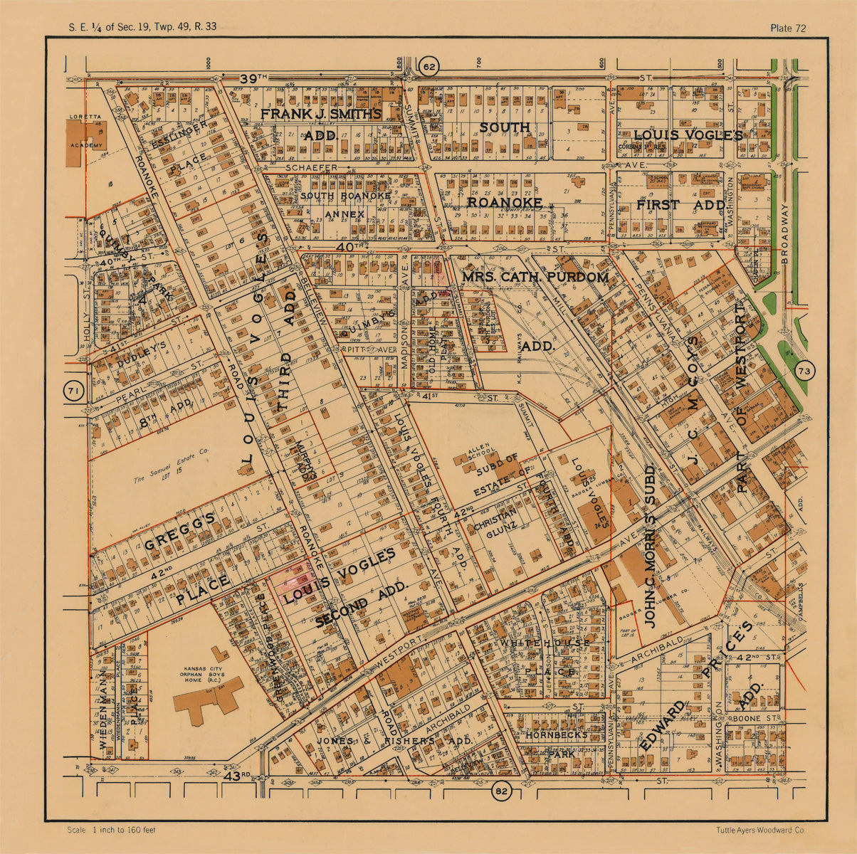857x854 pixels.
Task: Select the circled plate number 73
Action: pos(805,371)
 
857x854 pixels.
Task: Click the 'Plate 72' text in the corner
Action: pos(788,28)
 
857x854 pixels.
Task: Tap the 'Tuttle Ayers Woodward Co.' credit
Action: pos(761,830)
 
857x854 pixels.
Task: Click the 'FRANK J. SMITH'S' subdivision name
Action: pos(320,114)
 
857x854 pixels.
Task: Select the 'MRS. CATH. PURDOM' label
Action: pos(535,277)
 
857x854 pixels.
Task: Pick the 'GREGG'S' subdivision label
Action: pos(179,533)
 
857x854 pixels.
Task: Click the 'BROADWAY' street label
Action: pos(785,235)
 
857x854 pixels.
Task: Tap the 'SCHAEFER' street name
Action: pos(312,167)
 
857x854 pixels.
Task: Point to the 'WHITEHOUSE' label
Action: pos(545,643)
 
